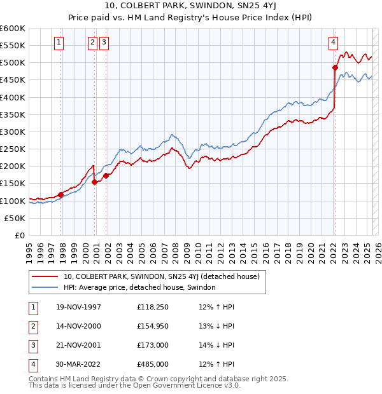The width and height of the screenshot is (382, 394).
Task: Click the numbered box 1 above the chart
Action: (x=59, y=43)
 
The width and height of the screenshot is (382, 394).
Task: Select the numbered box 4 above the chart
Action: (x=333, y=43)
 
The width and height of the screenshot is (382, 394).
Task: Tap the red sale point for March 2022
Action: (x=335, y=67)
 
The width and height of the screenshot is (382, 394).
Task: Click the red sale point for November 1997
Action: (x=61, y=194)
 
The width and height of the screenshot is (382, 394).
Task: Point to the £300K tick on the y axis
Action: (x=13, y=132)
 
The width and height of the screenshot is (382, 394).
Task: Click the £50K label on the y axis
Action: (x=15, y=218)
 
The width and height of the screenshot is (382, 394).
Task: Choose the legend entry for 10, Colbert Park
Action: (x=161, y=277)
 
